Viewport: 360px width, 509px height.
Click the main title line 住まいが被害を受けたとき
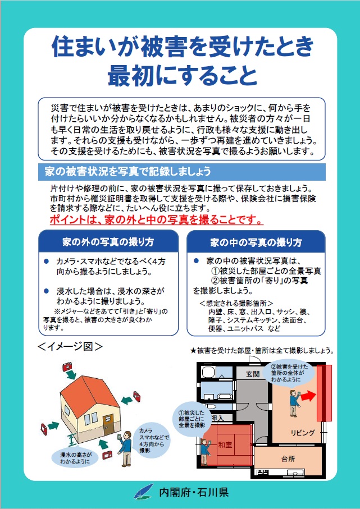[183, 47]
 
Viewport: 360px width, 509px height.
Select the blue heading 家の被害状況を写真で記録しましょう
[128, 171]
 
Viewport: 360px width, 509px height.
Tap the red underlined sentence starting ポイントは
[156, 220]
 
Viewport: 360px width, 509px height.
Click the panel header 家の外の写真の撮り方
[108, 242]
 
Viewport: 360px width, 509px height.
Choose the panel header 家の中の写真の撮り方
[256, 242]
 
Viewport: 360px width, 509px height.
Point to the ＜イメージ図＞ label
[70, 346]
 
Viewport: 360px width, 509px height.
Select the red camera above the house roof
[67, 367]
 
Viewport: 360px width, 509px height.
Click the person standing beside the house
[125, 448]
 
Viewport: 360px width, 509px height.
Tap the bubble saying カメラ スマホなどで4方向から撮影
[153, 441]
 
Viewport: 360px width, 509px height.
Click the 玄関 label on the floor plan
[253, 374]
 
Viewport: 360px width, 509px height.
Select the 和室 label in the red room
[225, 444]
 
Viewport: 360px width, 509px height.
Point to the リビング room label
[303, 432]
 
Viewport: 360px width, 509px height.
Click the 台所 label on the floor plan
[288, 458]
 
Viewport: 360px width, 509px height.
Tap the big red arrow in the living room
[308, 396]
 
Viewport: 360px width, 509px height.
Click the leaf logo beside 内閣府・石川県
[143, 492]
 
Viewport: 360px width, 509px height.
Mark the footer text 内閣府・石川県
[194, 492]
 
